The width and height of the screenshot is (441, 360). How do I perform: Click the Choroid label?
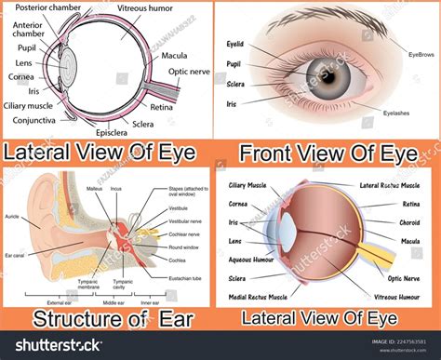[412, 223]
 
